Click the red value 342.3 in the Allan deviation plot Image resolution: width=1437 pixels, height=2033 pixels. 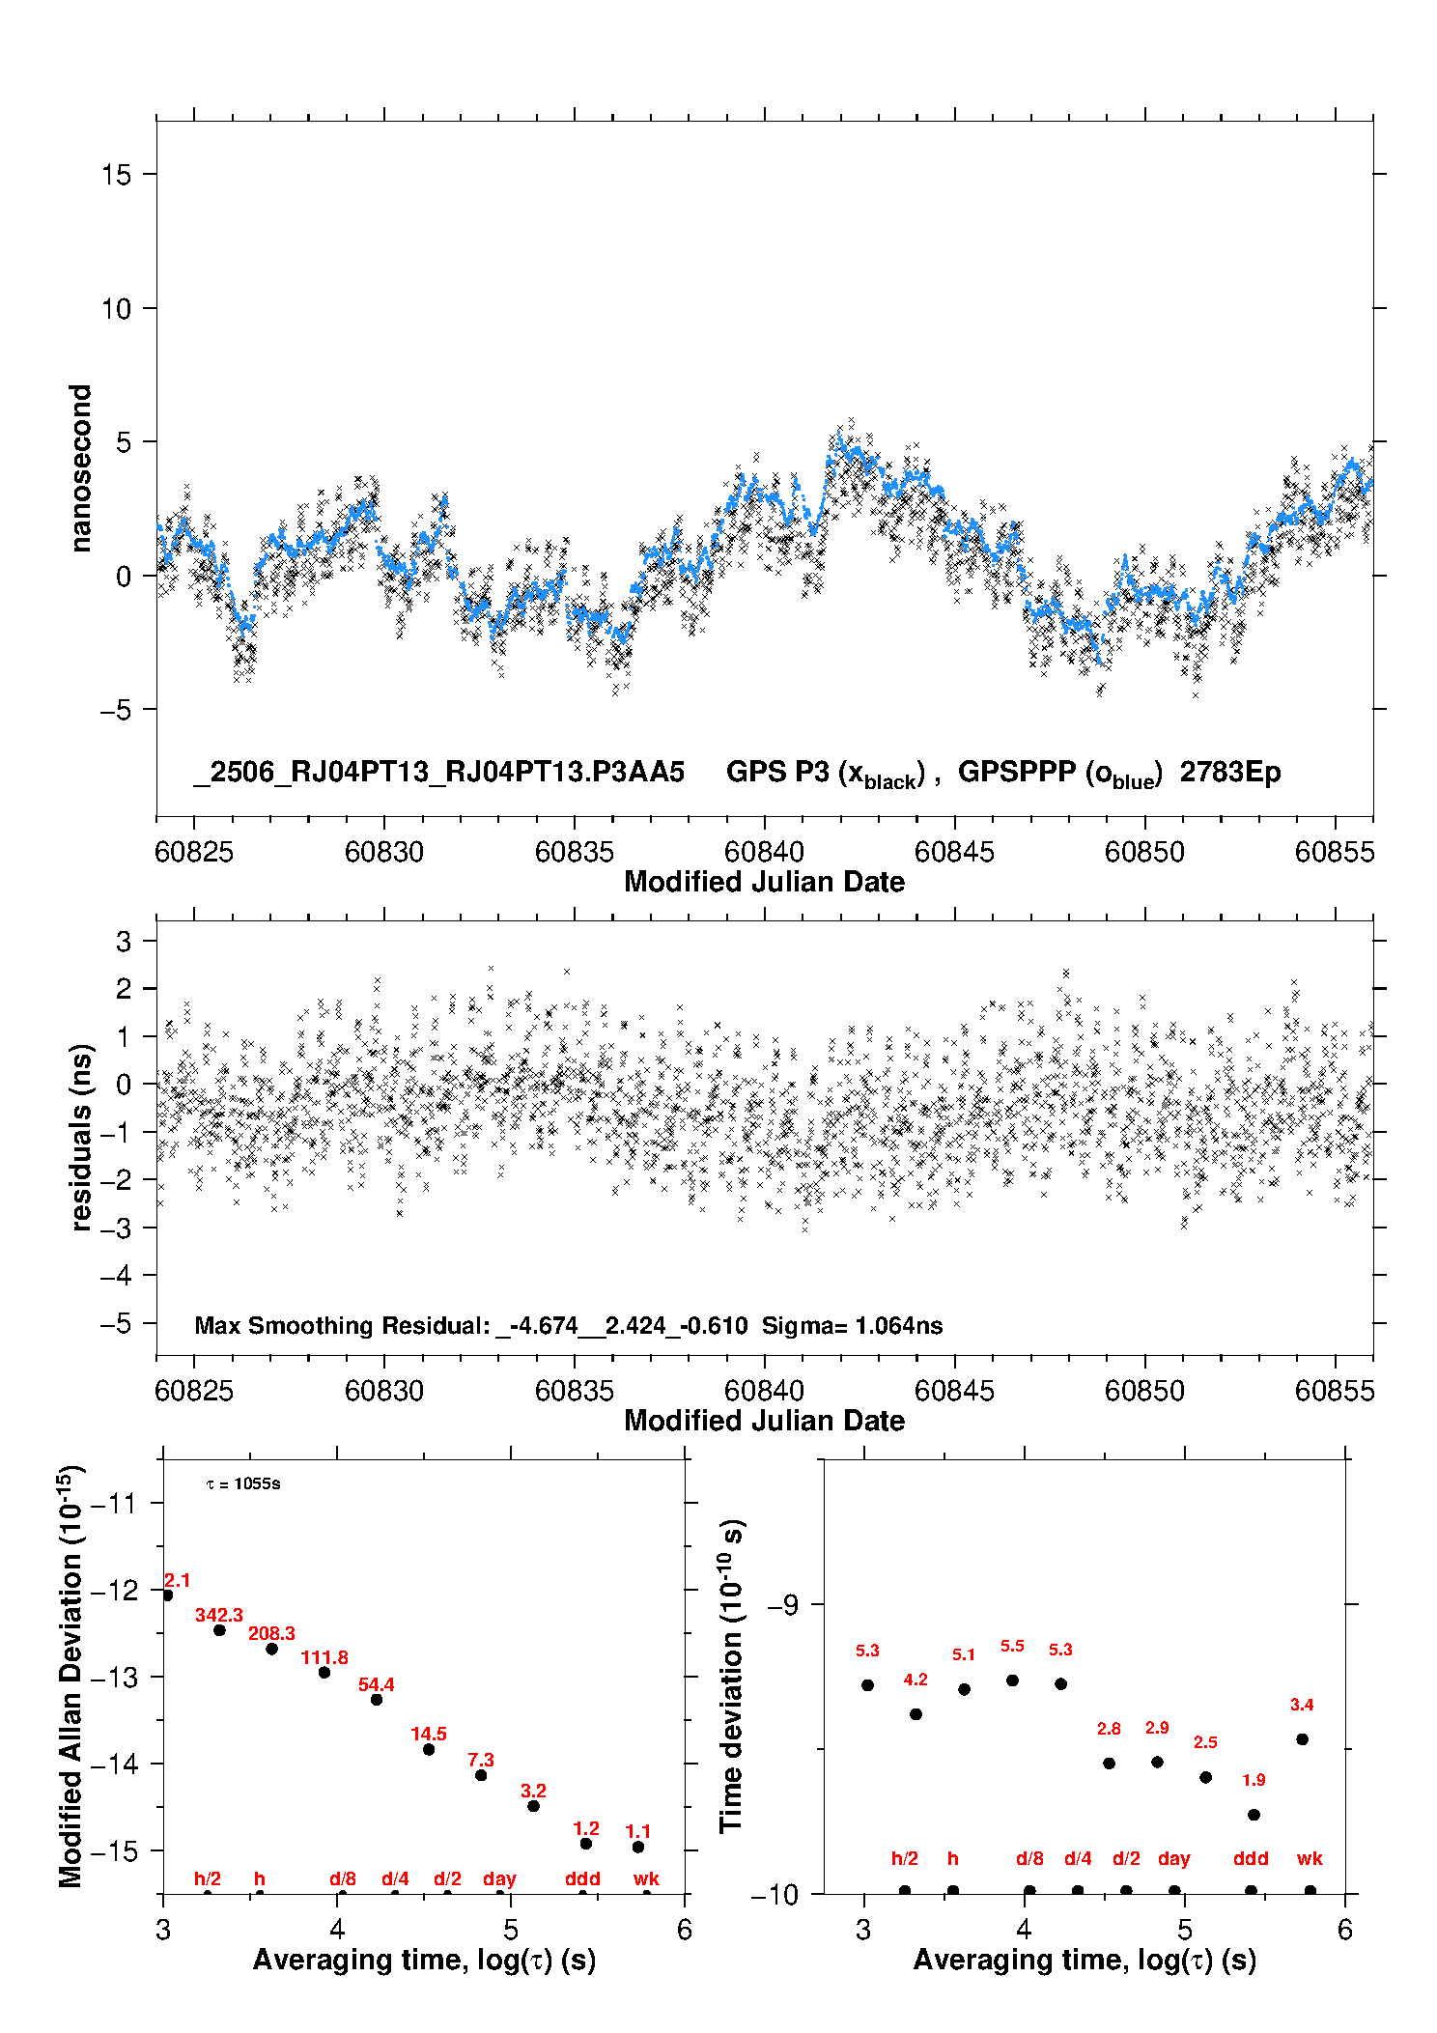219,1615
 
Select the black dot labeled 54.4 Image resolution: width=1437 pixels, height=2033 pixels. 377,1700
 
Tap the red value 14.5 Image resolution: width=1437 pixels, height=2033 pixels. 429,1734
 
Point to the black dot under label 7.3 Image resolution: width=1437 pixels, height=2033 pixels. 481,1775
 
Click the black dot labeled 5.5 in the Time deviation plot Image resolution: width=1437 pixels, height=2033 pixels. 1012,1680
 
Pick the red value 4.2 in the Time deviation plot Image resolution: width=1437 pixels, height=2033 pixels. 916,1680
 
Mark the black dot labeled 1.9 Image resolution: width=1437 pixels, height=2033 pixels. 1254,1815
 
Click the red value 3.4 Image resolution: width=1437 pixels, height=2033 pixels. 1302,1705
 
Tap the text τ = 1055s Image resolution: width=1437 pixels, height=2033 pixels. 243,1483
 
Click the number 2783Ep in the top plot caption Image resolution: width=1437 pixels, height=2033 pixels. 1230,772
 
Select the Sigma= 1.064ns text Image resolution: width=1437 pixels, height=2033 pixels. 852,1325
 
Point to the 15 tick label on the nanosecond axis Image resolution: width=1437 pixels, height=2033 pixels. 117,175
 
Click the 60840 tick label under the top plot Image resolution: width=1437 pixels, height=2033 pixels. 764,852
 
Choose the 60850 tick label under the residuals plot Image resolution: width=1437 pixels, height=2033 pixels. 1144,1391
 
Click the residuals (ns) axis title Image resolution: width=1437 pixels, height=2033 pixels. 82,1137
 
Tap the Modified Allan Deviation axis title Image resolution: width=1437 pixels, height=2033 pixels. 71,1676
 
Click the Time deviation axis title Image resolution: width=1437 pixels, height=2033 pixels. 732,1677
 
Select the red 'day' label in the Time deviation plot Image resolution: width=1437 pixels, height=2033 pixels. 1174,1859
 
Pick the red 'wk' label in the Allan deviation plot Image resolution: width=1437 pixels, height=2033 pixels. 646,1878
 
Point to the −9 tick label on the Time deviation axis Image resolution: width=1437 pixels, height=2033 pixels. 782,1604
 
